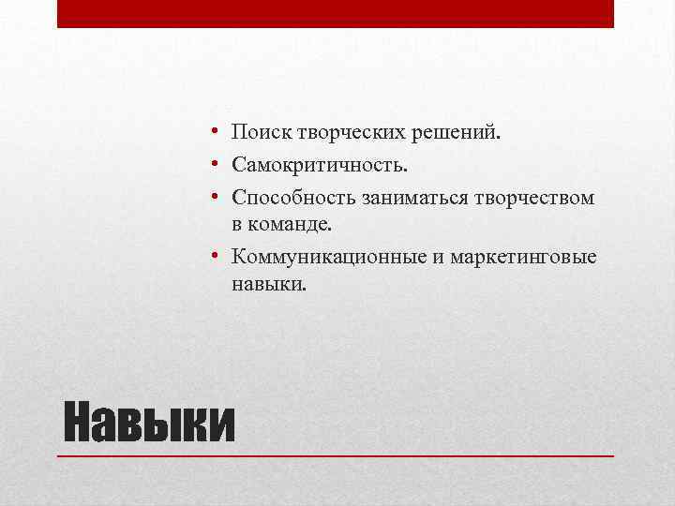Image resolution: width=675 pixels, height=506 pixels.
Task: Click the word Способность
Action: (282, 198)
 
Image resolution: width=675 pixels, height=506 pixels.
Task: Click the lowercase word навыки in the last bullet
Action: (268, 283)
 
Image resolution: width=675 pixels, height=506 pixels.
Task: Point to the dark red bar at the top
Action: (336, 13)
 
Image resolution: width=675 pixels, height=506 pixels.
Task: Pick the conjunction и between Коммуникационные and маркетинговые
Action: (437, 257)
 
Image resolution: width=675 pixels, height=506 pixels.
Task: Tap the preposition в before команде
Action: (238, 226)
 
